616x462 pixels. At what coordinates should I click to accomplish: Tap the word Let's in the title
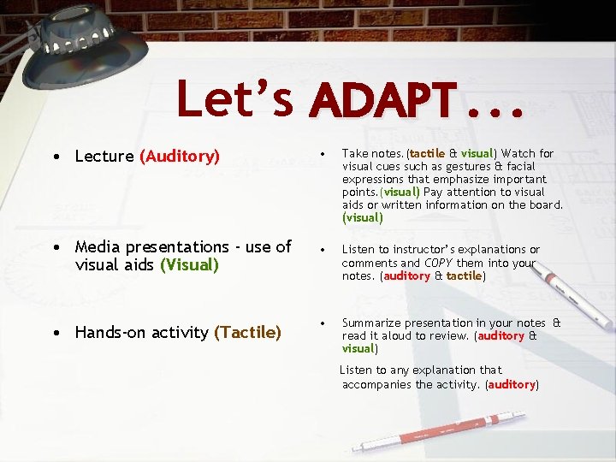point(235,99)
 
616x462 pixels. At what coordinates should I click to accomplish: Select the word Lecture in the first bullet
point(104,157)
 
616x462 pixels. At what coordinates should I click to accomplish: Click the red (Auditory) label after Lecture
point(180,157)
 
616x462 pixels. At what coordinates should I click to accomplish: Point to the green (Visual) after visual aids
point(189,265)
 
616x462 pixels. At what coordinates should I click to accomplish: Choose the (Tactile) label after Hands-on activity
point(247,332)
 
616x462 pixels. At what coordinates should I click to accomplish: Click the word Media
point(98,247)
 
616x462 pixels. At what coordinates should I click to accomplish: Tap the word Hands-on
point(109,332)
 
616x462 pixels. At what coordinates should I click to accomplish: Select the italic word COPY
point(437,264)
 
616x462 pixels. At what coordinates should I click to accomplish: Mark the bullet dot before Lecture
point(56,157)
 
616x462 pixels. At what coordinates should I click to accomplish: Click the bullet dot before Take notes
point(323,153)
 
